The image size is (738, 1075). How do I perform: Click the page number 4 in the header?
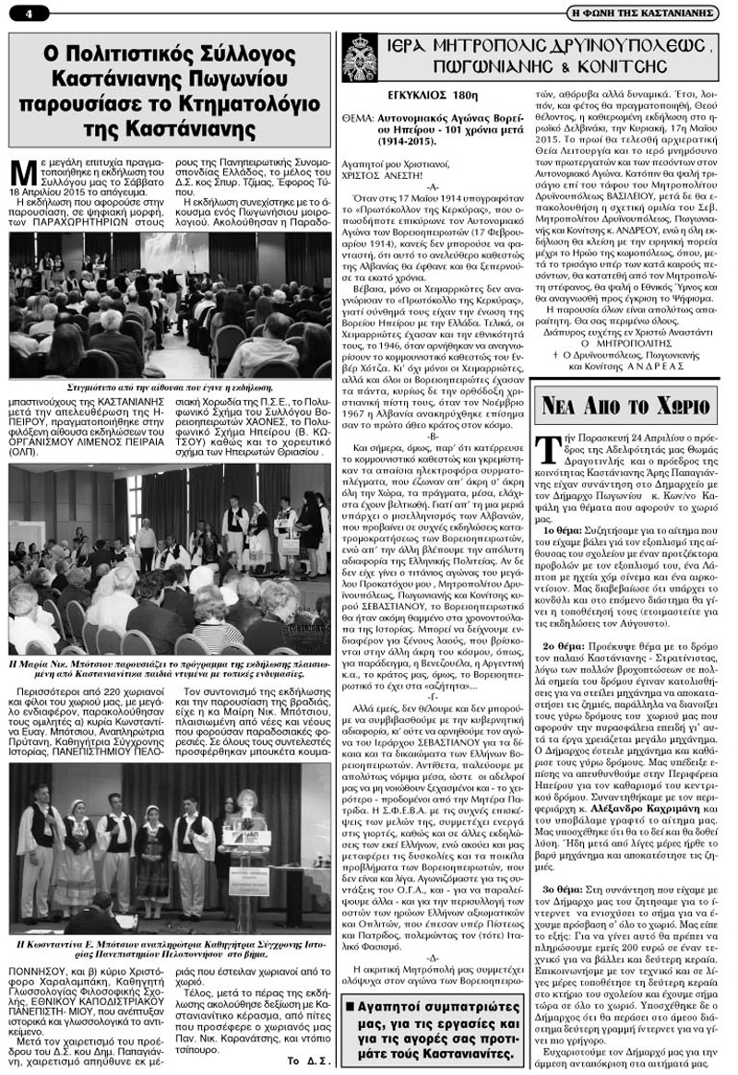tap(30, 13)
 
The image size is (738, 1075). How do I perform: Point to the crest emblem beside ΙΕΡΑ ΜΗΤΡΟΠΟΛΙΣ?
tap(360, 57)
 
